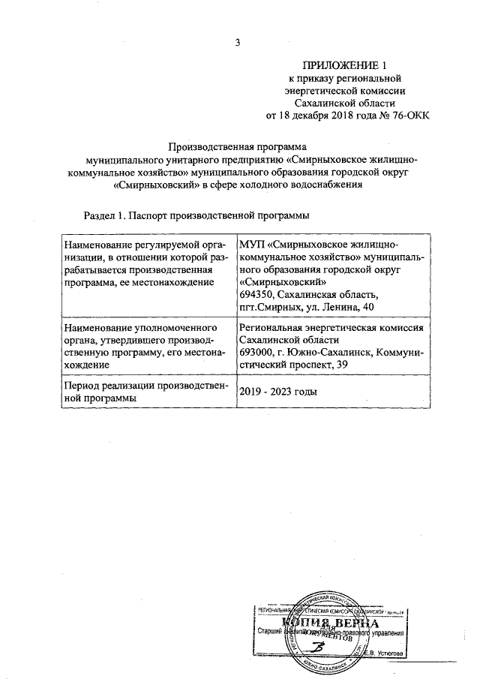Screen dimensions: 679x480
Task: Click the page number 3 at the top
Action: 238,42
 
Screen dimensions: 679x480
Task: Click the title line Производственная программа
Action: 238,148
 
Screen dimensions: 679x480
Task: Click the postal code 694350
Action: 257,294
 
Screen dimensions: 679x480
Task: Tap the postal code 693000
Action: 257,353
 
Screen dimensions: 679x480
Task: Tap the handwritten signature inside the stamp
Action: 320,648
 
